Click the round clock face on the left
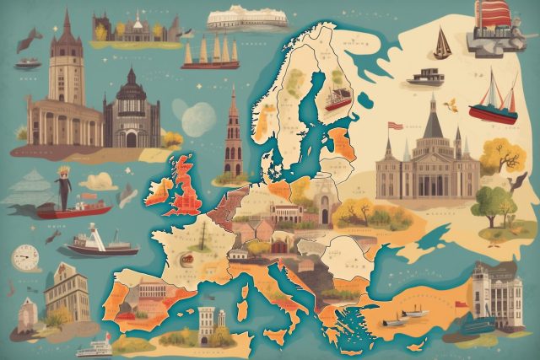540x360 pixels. coord(26,258)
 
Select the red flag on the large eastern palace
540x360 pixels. coord(394,126)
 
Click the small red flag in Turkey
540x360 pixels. coord(460,304)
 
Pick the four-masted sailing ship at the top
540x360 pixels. coord(210,52)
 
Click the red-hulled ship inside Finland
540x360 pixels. coord(337,99)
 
